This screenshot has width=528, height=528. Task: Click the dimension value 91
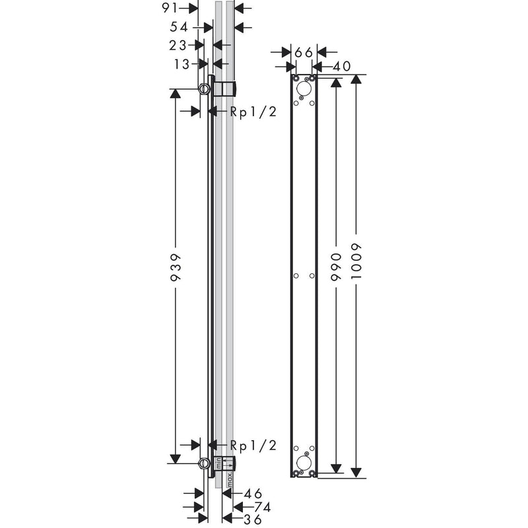[170, 8]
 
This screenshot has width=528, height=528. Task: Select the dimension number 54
[178, 27]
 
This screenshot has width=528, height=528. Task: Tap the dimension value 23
[178, 46]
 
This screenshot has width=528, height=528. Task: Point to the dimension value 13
[182, 64]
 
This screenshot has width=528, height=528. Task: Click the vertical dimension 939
[176, 267]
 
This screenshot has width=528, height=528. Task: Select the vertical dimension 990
[336, 267]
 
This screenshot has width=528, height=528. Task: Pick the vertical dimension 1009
[356, 261]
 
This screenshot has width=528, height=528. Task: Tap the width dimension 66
[304, 53]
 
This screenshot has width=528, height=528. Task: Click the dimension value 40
[341, 67]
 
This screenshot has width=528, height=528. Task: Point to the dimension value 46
[253, 494]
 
